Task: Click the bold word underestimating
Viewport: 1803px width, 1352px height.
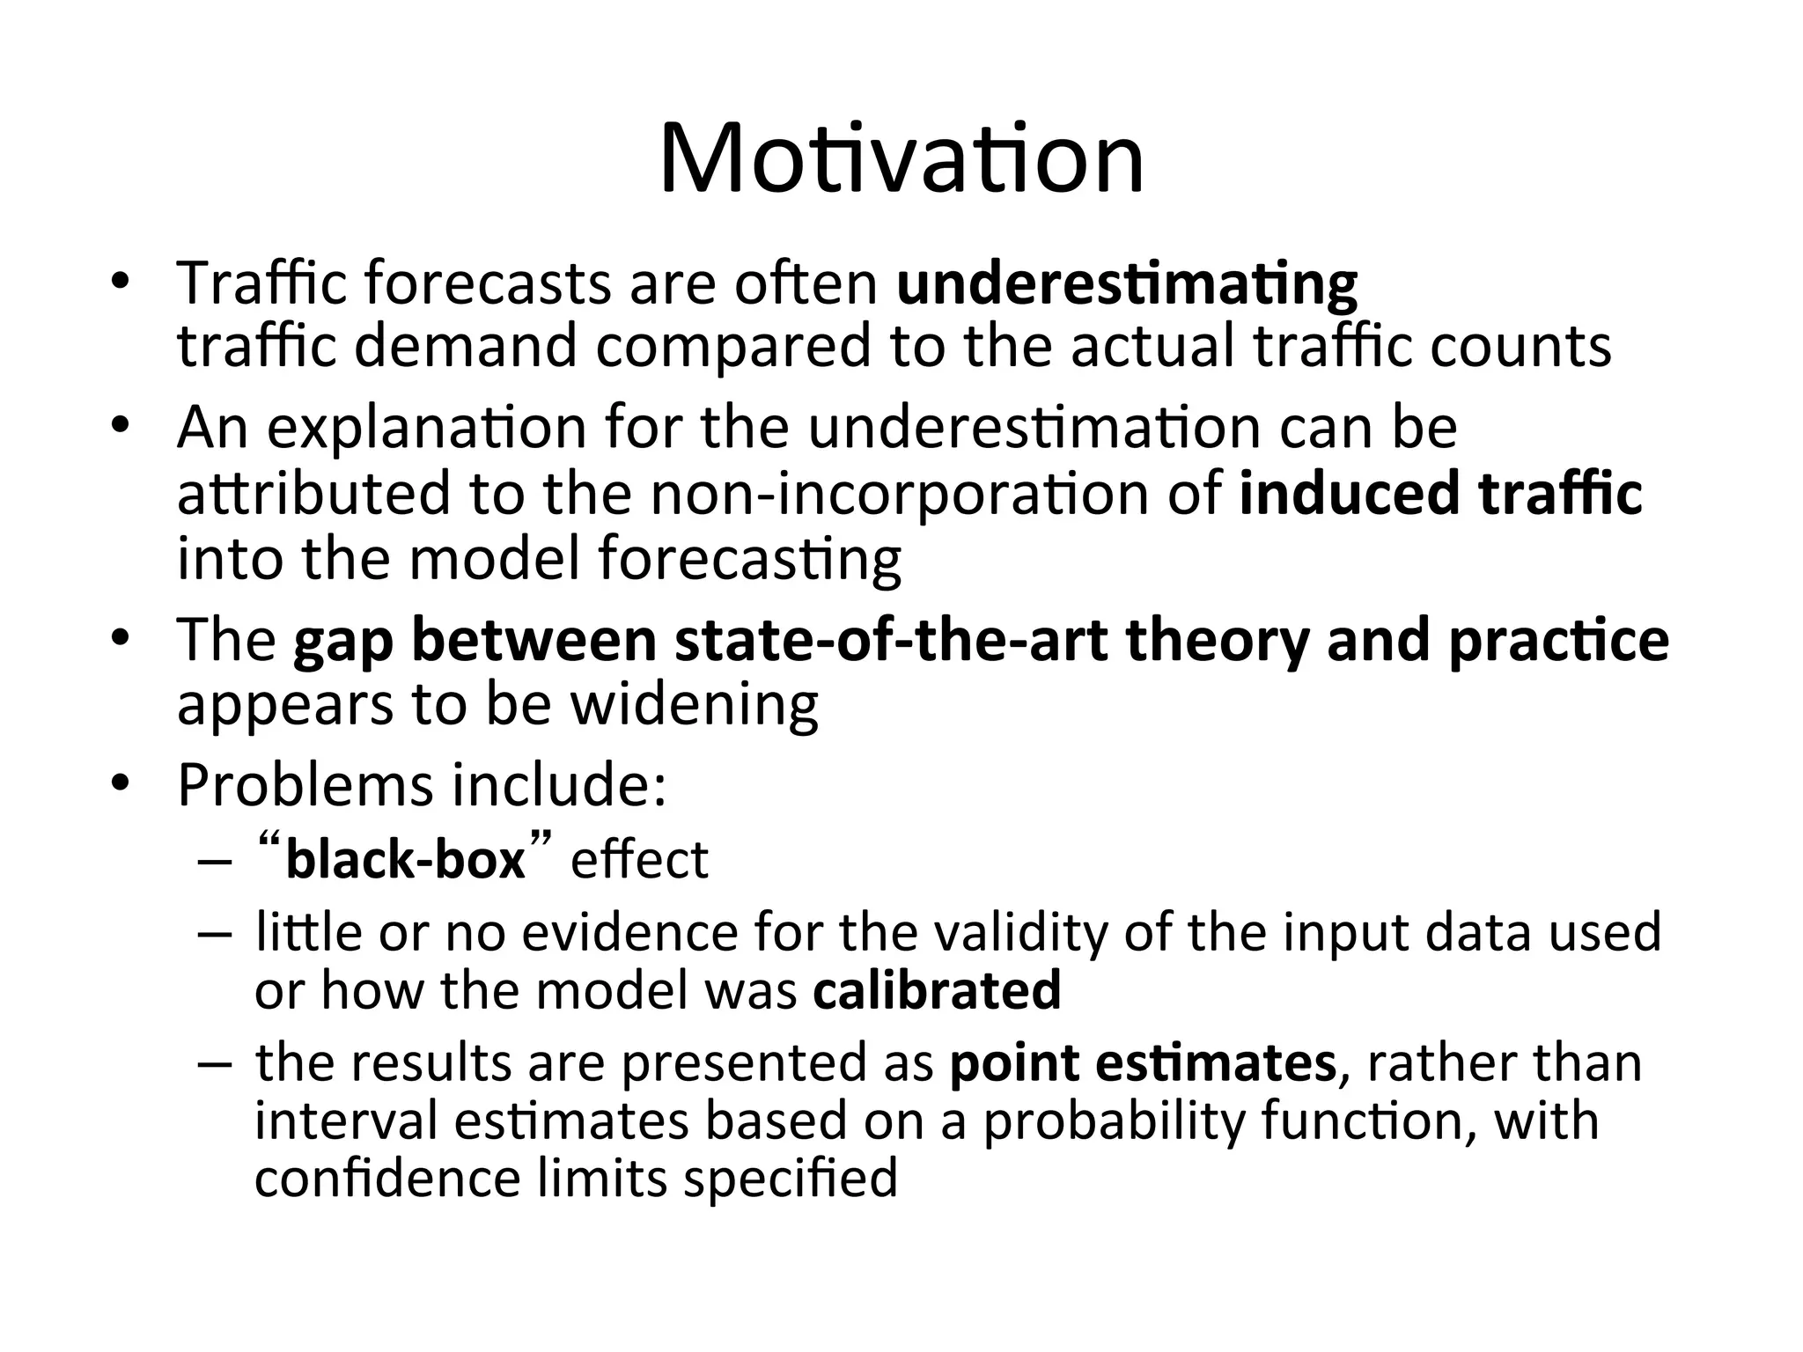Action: [1126, 284]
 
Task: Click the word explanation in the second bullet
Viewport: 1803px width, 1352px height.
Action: [426, 428]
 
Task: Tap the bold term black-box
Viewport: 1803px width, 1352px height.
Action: [405, 859]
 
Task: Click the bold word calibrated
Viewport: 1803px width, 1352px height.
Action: [937, 990]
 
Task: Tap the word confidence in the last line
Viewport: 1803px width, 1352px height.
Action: [386, 1179]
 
